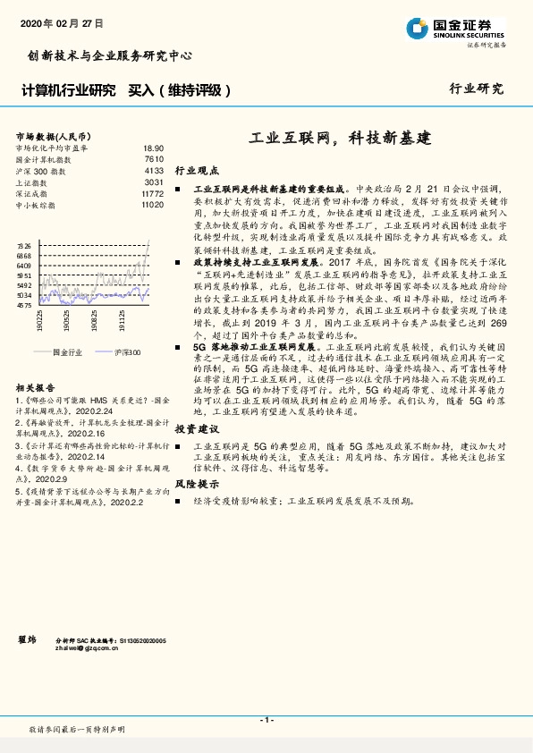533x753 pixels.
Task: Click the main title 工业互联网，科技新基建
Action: pyautogui.click(x=339, y=139)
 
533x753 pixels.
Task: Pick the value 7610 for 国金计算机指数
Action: pyautogui.click(x=153, y=158)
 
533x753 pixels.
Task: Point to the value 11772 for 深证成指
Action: pyautogui.click(x=152, y=193)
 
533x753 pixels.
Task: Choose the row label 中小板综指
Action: pyautogui.click(x=38, y=205)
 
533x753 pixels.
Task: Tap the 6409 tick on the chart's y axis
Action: pyautogui.click(x=24, y=267)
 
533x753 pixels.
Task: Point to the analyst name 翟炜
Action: pyautogui.click(x=27, y=640)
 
